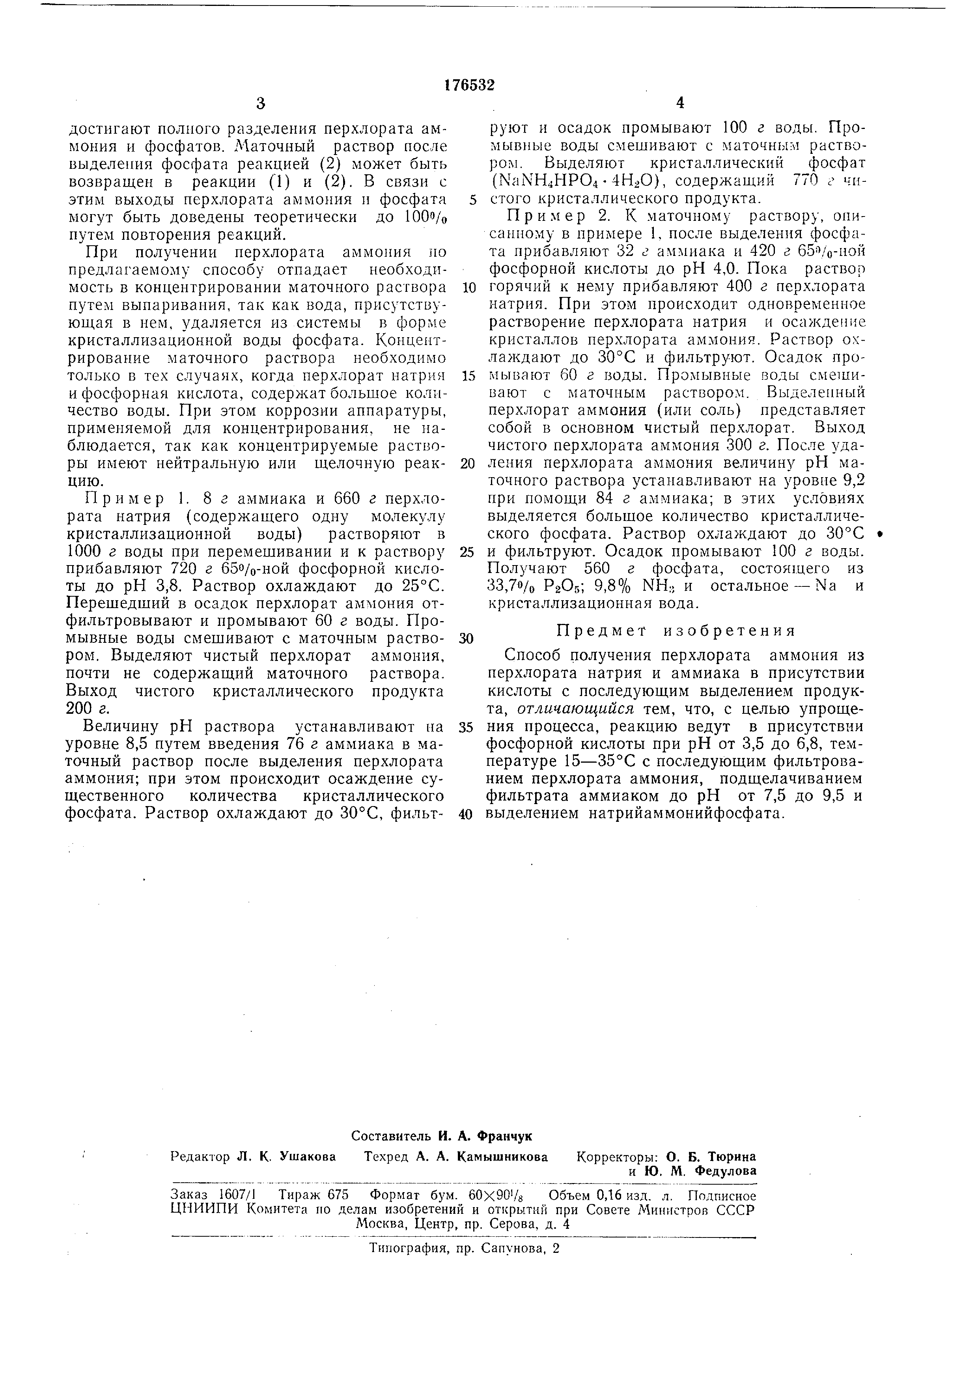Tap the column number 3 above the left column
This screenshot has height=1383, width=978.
[x=260, y=104]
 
